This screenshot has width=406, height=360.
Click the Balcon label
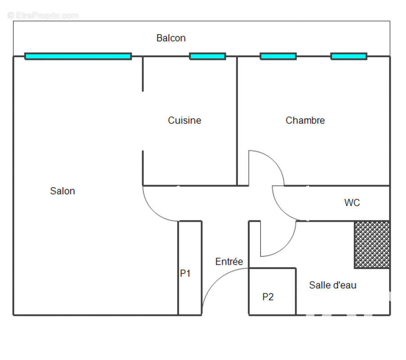(x=171, y=38)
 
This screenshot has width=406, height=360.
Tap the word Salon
(x=63, y=191)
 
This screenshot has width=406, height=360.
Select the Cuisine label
(x=185, y=120)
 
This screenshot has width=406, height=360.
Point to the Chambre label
(x=305, y=120)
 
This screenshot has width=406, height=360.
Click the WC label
(x=352, y=202)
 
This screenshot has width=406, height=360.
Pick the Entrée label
(x=229, y=261)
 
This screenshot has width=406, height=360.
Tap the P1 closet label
(x=185, y=273)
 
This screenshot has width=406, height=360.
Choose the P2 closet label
(x=268, y=297)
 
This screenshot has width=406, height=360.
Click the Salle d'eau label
(x=333, y=285)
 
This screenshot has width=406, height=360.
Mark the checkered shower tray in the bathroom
(x=372, y=245)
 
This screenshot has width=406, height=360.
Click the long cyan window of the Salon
(x=78, y=56)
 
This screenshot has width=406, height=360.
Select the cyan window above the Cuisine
(x=208, y=56)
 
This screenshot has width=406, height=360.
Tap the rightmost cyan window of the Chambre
(x=349, y=56)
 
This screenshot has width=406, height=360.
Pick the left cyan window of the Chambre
(x=278, y=56)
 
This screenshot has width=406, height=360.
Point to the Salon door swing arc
(x=153, y=211)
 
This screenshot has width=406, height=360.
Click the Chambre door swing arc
(x=274, y=161)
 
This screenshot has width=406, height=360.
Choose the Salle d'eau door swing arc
(x=286, y=246)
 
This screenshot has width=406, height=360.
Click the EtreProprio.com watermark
(x=43, y=16)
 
